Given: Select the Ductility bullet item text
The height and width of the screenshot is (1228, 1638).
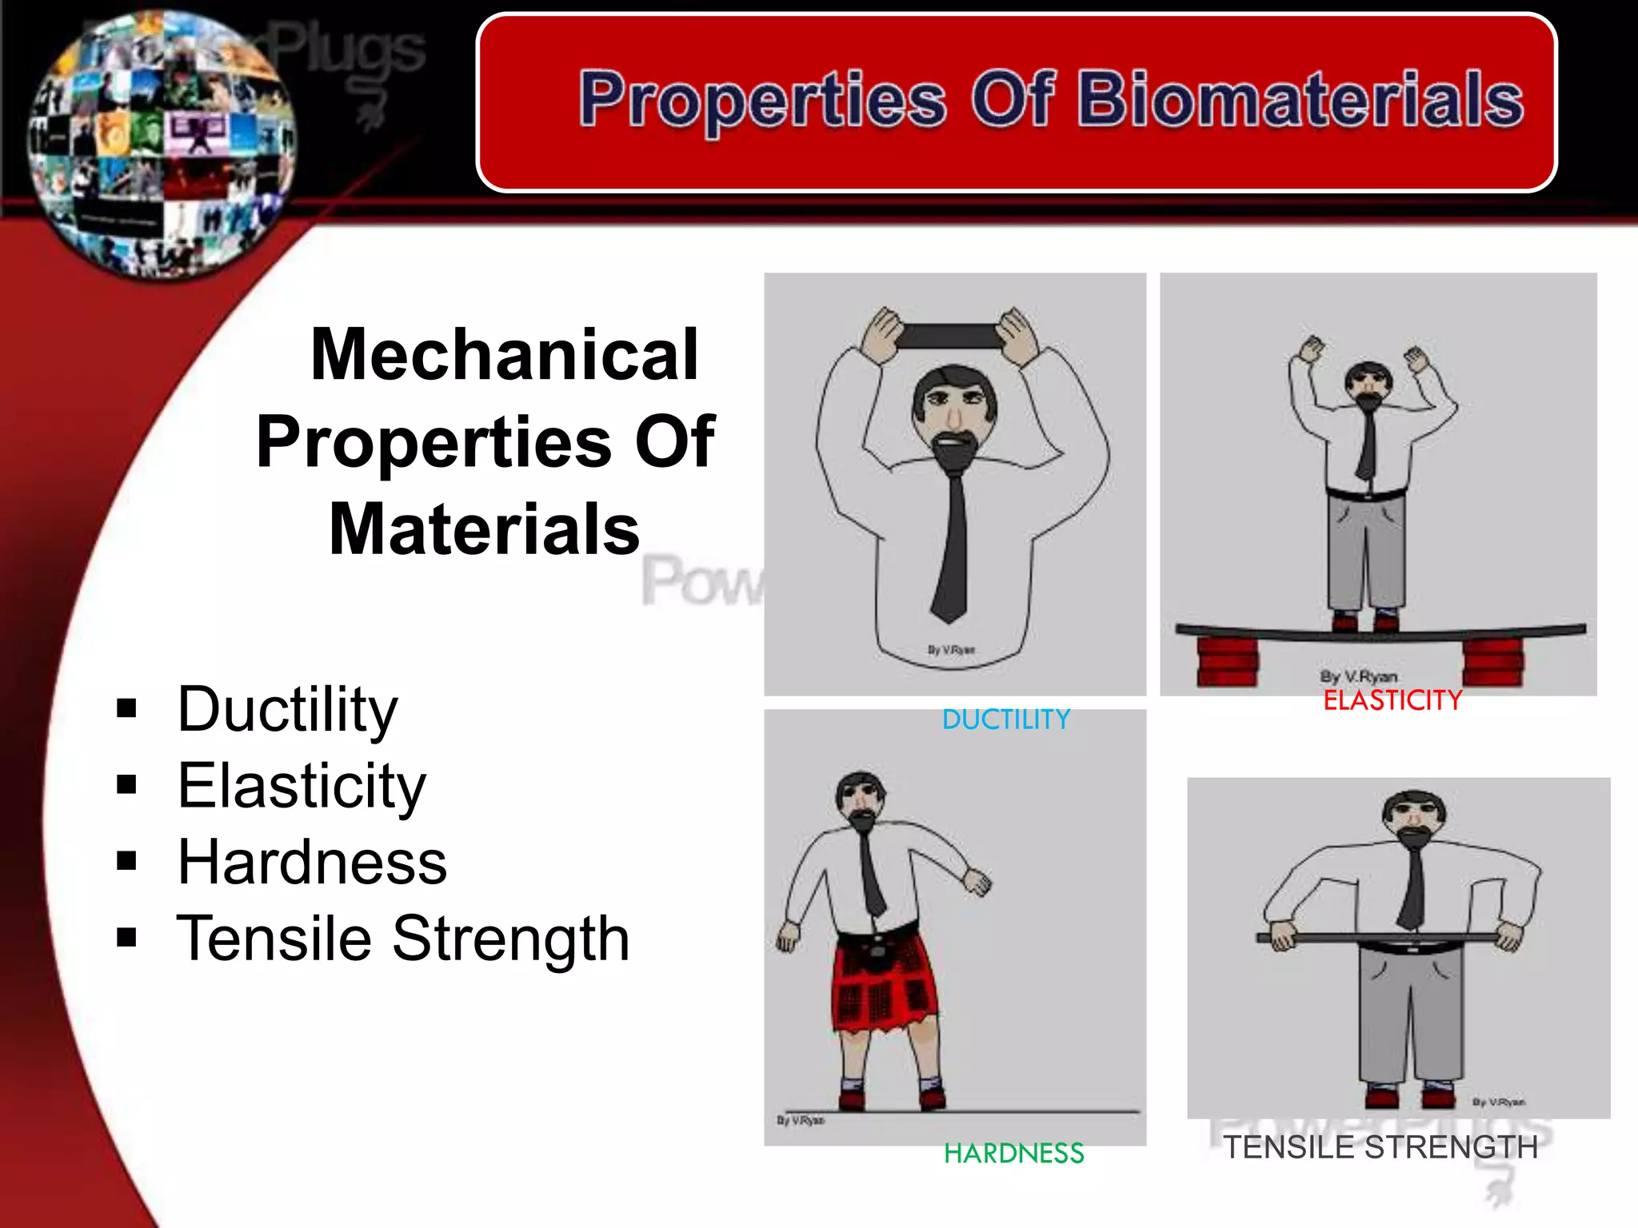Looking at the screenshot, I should point(286,709).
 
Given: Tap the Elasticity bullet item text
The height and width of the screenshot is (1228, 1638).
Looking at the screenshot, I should point(301,786).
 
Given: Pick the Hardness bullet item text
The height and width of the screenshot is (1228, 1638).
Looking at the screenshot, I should point(311,863).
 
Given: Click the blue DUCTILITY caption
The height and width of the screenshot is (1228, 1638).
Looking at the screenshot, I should point(1005,720).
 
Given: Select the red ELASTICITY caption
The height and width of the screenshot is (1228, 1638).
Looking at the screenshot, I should point(1392,700).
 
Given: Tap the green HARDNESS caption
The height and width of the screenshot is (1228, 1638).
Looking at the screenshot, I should point(1013,1153).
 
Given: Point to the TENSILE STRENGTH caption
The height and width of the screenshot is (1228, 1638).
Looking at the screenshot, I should point(1380,1147).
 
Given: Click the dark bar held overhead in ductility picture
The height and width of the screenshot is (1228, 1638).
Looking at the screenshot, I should point(950,337).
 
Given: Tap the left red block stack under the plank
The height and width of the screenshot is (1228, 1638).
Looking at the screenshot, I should point(1228,661).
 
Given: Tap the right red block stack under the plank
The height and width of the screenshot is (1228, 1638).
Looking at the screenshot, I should point(1492,661).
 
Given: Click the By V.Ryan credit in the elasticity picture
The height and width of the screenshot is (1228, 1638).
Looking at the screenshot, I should point(1358,676).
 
